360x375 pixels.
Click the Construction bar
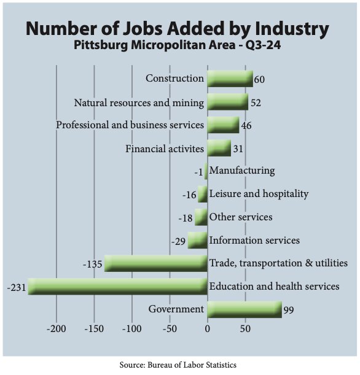tap(230, 79)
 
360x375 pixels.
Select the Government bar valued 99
tap(245, 310)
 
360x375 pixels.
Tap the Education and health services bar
tap(117, 287)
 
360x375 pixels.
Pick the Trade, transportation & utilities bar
tap(156, 263)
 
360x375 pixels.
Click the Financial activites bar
tap(219, 149)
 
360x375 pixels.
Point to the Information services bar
tap(197, 240)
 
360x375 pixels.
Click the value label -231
tap(17, 287)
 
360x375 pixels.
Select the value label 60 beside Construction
tap(259, 80)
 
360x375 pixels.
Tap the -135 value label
tap(93, 265)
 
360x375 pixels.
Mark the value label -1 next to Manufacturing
tap(198, 172)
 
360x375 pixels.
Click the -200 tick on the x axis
tap(57, 329)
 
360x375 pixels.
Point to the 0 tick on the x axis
tap(208, 329)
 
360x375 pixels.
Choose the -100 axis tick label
tap(132, 329)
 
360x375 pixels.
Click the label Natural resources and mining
tap(139, 103)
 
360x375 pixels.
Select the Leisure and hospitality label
tap(259, 194)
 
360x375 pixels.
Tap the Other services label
tap(241, 217)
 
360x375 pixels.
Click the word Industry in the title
tap(292, 29)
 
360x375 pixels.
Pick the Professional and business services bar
tap(223, 125)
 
